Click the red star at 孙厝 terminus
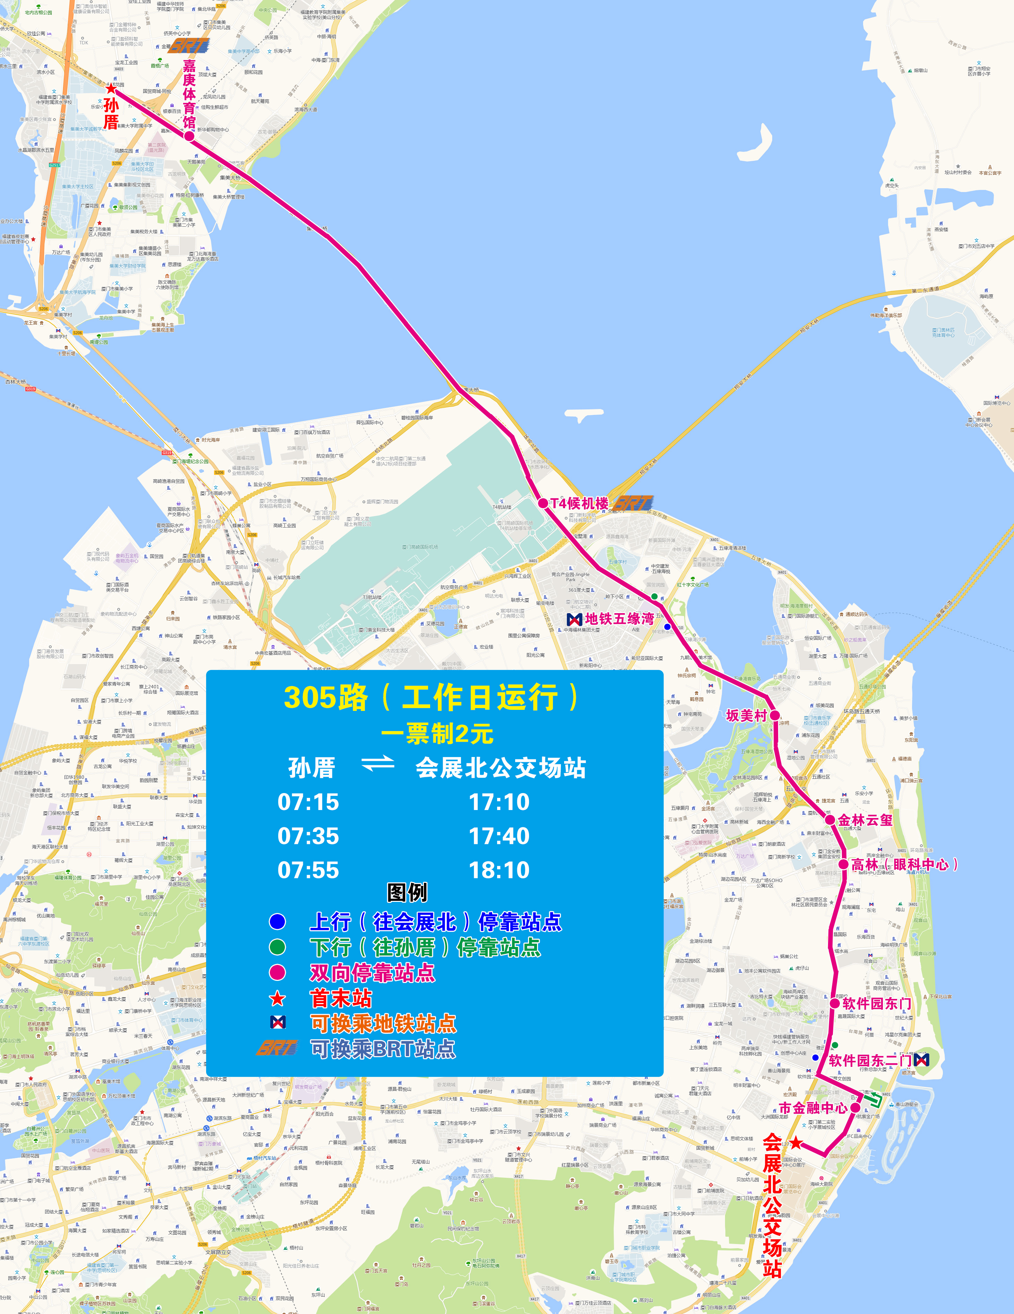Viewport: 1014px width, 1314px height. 111,89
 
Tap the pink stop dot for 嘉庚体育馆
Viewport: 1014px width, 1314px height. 189,136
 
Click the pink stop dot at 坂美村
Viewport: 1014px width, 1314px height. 775,715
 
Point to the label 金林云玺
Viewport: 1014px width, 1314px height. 865,820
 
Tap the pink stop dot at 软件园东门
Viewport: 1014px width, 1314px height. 835,1003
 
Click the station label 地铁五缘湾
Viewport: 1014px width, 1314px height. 619,618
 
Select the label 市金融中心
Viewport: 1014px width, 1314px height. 813,1108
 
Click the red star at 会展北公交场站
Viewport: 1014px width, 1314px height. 796,1142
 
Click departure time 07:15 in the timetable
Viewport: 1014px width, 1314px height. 308,802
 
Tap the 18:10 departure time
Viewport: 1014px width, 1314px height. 499,870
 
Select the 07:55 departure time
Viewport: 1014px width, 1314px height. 308,870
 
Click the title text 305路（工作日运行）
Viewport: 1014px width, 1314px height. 432,698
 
